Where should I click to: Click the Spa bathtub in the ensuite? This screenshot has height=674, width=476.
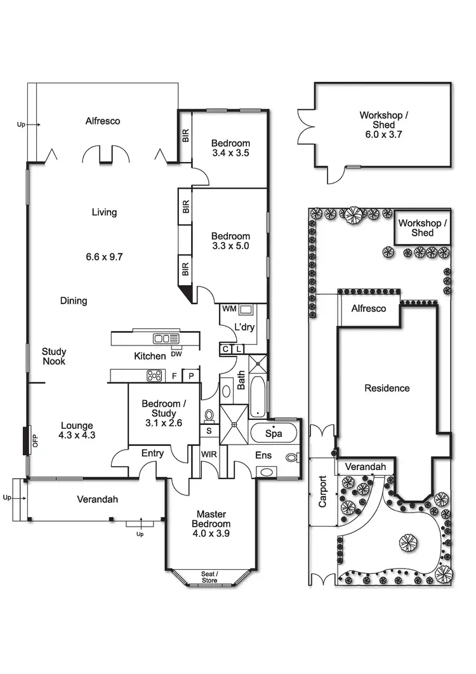click(273, 434)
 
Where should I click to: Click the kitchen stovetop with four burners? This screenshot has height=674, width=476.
click(155, 375)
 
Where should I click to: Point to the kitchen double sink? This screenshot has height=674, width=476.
click(166, 339)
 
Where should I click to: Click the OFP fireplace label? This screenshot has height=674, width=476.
click(36, 440)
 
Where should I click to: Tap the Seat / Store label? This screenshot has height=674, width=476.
click(209, 577)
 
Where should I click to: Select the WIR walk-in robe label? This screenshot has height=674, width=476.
click(209, 455)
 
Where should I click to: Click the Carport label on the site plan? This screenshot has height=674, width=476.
click(323, 492)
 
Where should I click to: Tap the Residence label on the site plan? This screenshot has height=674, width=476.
click(387, 388)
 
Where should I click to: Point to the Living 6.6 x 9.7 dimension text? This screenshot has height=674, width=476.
click(104, 257)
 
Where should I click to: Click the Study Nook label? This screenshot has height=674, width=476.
click(54, 356)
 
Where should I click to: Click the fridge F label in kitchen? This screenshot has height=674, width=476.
click(175, 376)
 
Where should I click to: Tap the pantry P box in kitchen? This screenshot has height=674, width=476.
click(191, 376)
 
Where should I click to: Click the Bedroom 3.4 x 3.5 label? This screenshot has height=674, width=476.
click(230, 148)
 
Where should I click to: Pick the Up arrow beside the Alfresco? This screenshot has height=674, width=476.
click(24, 125)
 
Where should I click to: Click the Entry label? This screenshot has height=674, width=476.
click(152, 453)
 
